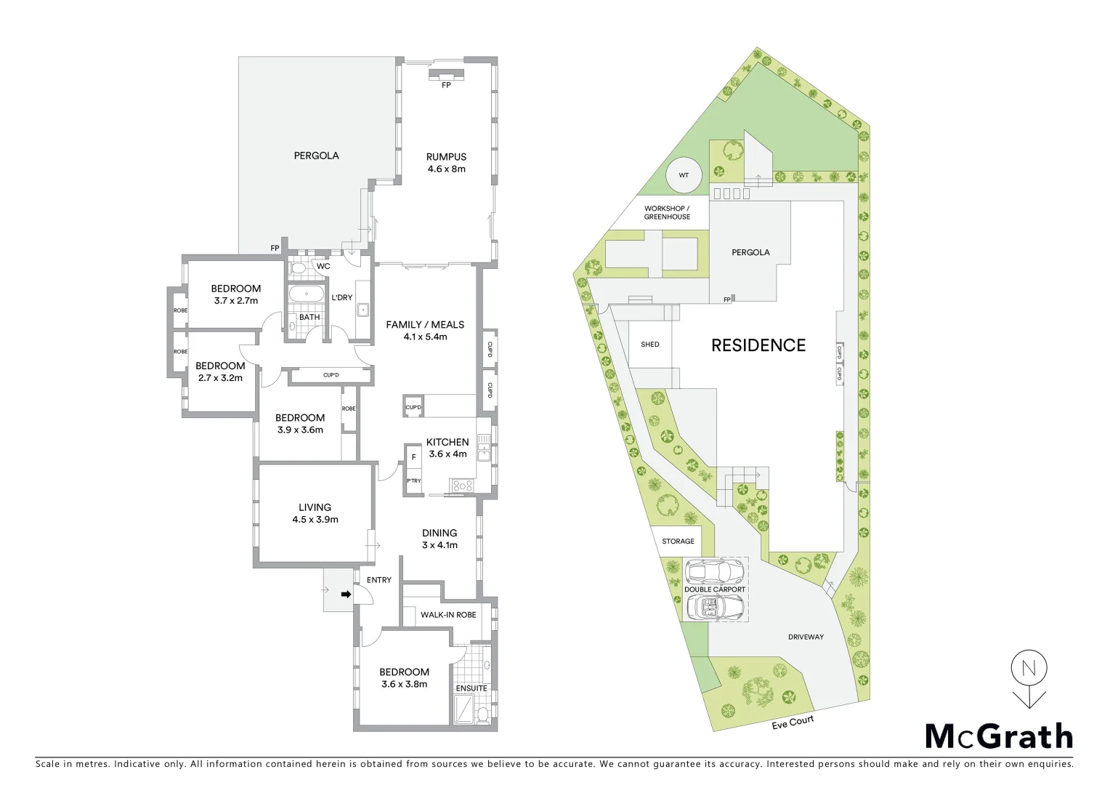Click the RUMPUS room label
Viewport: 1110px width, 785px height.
pyautogui.click(x=446, y=156)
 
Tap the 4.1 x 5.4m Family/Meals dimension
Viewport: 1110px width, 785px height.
pyautogui.click(x=425, y=337)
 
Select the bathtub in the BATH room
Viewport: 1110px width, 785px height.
pyautogui.click(x=307, y=295)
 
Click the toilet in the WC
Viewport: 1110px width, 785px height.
pyautogui.click(x=299, y=268)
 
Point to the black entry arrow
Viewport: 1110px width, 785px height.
pyautogui.click(x=347, y=595)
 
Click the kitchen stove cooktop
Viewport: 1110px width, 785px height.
pyautogui.click(x=462, y=486)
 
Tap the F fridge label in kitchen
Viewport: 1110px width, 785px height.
pyautogui.click(x=413, y=457)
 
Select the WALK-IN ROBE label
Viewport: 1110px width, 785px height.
pyautogui.click(x=448, y=615)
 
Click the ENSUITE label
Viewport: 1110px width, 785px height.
pyautogui.click(x=471, y=688)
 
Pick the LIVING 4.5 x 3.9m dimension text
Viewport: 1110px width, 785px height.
pyautogui.click(x=315, y=520)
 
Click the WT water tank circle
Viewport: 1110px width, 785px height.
pyautogui.click(x=684, y=175)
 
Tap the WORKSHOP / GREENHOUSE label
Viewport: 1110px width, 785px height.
pyautogui.click(x=667, y=213)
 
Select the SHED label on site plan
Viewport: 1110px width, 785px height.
pyautogui.click(x=650, y=345)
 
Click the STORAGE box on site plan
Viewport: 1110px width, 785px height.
pyautogui.click(x=678, y=542)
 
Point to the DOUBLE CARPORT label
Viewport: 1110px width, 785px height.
pyautogui.click(x=715, y=589)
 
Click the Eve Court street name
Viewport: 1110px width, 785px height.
pyautogui.click(x=793, y=722)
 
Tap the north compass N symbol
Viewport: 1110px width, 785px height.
pyautogui.click(x=1028, y=668)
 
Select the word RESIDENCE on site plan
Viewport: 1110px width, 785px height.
pyautogui.click(x=758, y=345)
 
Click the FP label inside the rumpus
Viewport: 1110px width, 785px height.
pyautogui.click(x=446, y=85)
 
